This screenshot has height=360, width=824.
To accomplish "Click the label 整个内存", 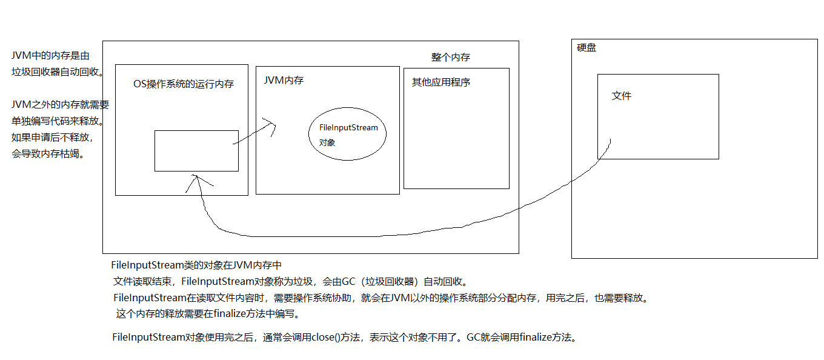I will click(450, 58).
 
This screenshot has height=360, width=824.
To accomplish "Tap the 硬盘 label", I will click(586, 47).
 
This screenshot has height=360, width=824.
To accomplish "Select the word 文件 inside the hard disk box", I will click(622, 96).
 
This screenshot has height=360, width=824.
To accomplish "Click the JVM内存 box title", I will click(284, 80).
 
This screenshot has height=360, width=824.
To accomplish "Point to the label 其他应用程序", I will click(440, 82).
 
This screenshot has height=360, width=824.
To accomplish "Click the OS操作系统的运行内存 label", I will click(184, 84).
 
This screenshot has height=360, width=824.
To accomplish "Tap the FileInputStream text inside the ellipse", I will click(348, 128).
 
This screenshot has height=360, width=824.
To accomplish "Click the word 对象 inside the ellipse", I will click(327, 143).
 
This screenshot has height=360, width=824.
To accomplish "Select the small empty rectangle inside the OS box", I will click(196, 150).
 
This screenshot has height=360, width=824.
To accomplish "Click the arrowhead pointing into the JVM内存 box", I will click(271, 126).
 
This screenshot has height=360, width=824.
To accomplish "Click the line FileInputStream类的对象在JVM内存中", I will click(197, 265).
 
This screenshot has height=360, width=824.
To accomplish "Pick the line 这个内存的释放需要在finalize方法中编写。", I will click(208, 314).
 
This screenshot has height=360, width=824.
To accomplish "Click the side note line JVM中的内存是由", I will click(51, 56).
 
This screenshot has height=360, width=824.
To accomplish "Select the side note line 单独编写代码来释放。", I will click(58, 121).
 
